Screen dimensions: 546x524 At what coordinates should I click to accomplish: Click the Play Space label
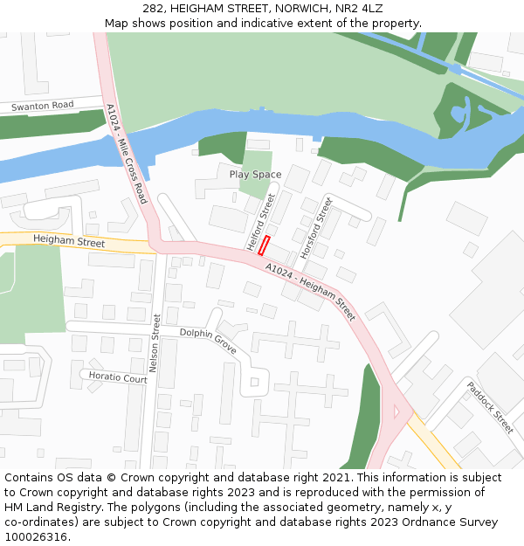point(255,175)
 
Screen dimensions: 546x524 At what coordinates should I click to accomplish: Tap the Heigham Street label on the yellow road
point(69,241)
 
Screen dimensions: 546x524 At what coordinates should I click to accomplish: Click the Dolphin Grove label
point(208,340)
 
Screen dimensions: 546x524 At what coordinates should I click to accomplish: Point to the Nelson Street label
point(154,344)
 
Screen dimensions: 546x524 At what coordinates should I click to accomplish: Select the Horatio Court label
point(118,377)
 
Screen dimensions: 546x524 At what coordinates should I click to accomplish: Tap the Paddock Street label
point(490,407)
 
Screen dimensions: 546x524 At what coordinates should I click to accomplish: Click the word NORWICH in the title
point(292,8)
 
